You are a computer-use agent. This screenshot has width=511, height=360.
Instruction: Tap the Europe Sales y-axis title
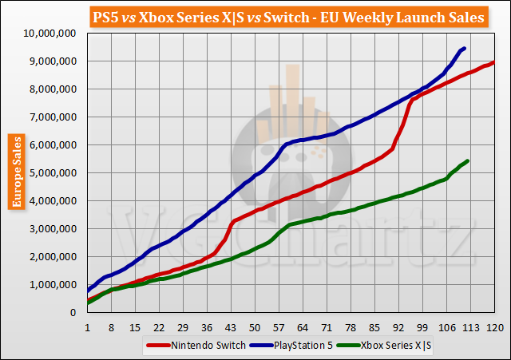coord(16,172)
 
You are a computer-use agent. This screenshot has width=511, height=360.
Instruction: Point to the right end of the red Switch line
coord(495,62)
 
